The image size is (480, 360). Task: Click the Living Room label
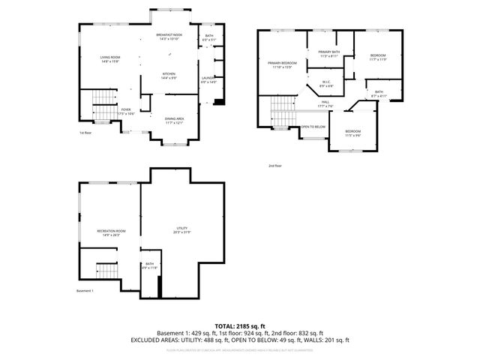pyautogui.click(x=111, y=58)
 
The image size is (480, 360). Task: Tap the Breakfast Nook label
pyautogui.click(x=169, y=36)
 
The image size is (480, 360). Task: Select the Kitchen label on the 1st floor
pyautogui.click(x=169, y=74)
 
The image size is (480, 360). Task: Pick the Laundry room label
pyautogui.click(x=208, y=79)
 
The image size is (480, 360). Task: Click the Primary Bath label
pyautogui.click(x=330, y=53)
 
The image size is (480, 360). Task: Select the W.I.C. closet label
pyautogui.click(x=327, y=83)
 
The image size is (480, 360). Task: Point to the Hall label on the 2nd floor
pyautogui.click(x=325, y=103)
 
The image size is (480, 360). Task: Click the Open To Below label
pyautogui.click(x=313, y=127)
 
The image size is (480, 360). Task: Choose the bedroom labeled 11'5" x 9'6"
pyautogui.click(x=352, y=132)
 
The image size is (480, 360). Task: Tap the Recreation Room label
pyautogui.click(x=111, y=232)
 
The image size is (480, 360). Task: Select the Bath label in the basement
pyautogui.click(x=149, y=265)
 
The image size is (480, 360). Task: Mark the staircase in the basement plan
pyautogui.click(x=107, y=270)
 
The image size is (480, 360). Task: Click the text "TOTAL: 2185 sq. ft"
pyautogui.click(x=239, y=325)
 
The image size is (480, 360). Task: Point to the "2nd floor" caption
pyautogui.click(x=275, y=166)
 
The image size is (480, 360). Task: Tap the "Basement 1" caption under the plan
pyautogui.click(x=85, y=291)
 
